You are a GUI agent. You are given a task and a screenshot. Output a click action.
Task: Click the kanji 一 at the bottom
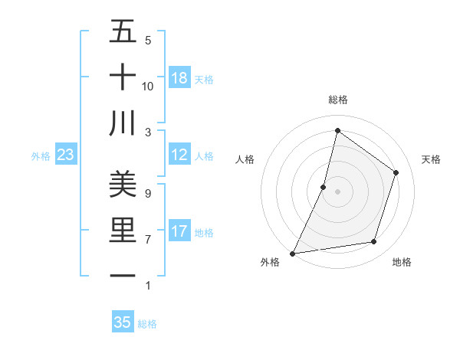123,275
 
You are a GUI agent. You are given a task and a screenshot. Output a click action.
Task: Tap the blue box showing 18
179,77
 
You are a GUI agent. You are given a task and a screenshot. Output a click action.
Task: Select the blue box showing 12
179,155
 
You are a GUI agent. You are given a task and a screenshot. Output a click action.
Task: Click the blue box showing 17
179,231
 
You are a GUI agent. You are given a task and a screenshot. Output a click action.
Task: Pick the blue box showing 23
66,155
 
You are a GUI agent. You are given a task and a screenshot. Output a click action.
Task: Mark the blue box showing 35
123,322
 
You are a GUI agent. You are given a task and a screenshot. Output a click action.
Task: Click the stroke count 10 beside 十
148,86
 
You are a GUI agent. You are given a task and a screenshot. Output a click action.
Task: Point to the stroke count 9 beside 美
147,193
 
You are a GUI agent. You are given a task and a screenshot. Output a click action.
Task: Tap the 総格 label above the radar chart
337,100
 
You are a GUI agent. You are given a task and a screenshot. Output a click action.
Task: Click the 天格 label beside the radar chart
431,159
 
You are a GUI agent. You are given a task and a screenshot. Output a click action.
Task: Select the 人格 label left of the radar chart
245,159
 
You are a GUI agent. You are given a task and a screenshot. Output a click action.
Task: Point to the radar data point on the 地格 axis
374,242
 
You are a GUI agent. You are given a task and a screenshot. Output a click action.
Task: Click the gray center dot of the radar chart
337,191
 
